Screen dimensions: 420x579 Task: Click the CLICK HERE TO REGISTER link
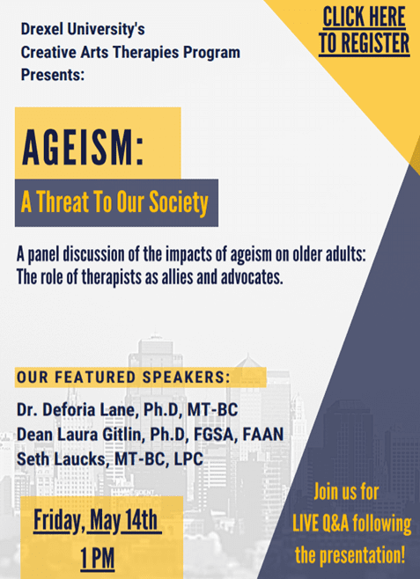pos(365,31)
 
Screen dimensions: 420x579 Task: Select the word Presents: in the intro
pos(53,75)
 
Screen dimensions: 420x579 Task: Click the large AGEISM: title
pos(83,148)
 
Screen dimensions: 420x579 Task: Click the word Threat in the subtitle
pos(63,202)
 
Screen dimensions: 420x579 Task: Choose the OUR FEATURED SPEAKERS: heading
pos(123,377)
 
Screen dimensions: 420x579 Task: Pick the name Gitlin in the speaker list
pos(123,435)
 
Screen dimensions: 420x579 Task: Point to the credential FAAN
pos(263,435)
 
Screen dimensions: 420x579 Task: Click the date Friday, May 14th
pos(96,521)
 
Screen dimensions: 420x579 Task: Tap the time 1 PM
pos(98,558)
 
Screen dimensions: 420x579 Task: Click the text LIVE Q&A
pos(321,524)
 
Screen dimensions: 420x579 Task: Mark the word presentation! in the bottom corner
pos(362,555)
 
